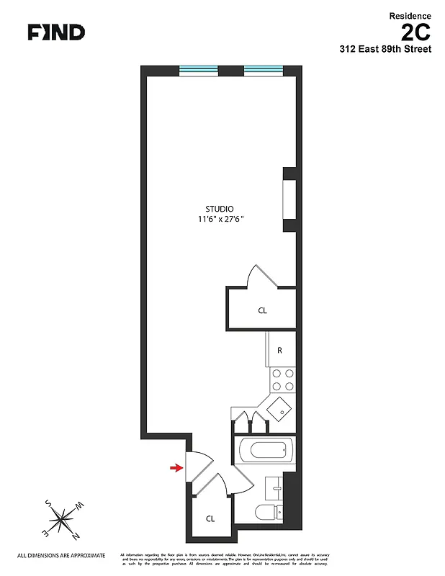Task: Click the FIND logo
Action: [56, 32]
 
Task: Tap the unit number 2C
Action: [416, 32]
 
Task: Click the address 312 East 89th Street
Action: [385, 50]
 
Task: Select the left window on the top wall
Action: [199, 71]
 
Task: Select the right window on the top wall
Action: [264, 71]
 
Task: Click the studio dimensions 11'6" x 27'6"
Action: [226, 220]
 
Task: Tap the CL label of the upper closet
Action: [262, 311]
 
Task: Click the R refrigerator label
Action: [279, 351]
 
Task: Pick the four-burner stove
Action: [282, 379]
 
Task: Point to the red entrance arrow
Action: [176, 469]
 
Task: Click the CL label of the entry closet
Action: [210, 518]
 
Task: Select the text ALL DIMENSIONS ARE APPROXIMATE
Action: [61, 556]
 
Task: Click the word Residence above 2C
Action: [410, 15]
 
